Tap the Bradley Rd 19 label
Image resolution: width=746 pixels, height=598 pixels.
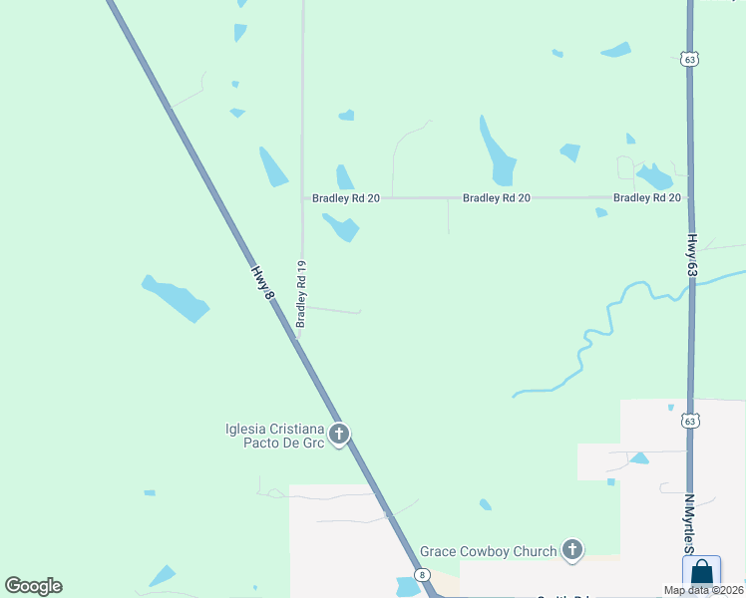(x=301, y=295)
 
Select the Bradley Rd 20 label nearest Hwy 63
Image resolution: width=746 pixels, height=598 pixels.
(x=646, y=198)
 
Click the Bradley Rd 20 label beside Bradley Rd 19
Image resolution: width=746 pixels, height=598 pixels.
(x=346, y=198)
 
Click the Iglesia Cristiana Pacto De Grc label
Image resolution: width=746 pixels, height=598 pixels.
(x=274, y=436)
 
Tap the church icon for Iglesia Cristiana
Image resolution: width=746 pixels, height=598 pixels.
(x=339, y=435)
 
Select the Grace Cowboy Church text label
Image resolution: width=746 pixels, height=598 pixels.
(x=488, y=551)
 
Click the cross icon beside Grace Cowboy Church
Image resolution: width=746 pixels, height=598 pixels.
(x=571, y=549)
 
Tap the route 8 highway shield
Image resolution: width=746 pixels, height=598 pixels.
(x=422, y=576)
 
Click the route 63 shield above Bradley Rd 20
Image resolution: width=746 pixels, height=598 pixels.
(x=689, y=60)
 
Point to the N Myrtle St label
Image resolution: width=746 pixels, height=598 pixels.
(x=689, y=522)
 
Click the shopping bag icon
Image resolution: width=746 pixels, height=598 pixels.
(x=701, y=573)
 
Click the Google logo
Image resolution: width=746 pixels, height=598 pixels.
(x=34, y=585)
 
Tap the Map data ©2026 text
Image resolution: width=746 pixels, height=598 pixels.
(x=702, y=590)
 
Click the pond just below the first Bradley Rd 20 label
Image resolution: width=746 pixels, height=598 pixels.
(x=341, y=227)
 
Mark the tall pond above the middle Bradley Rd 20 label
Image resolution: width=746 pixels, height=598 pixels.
(x=496, y=151)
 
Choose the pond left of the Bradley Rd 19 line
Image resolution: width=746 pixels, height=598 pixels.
(x=273, y=167)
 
